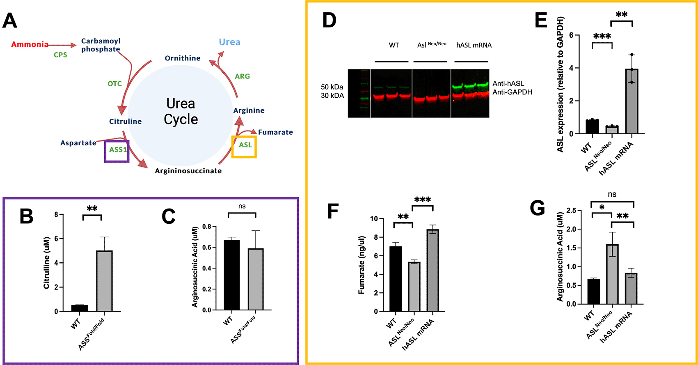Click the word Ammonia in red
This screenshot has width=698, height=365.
(x=30, y=44)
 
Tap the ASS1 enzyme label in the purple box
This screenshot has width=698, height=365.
(x=118, y=149)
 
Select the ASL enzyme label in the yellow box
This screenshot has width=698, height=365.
(x=245, y=145)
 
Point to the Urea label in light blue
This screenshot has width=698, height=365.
(x=230, y=42)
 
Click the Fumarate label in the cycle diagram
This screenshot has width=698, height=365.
(x=275, y=132)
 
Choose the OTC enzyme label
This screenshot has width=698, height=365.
(x=114, y=83)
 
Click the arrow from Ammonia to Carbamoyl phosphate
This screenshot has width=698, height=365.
(x=62, y=45)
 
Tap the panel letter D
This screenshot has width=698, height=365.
(x=330, y=21)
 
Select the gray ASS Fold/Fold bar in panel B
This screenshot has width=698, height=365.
(x=104, y=281)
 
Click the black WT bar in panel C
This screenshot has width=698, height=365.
(x=231, y=275)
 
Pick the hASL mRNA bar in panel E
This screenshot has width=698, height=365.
(x=632, y=101)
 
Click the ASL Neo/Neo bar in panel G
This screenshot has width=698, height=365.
(x=612, y=274)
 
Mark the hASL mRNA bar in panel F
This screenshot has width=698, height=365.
(x=433, y=270)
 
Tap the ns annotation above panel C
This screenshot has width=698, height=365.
(x=242, y=206)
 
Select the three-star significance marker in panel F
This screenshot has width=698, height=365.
(x=423, y=200)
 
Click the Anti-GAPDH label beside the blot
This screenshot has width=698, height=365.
(x=512, y=92)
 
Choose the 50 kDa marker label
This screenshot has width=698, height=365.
(x=332, y=87)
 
